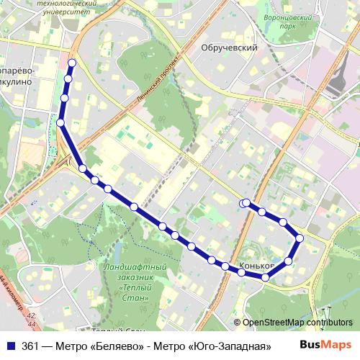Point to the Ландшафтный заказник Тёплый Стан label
tap(129, 278)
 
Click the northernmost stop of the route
tap(71, 63)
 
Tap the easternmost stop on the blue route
tap(300, 238)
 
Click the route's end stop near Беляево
tap(246, 203)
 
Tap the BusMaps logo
tap(326, 345)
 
